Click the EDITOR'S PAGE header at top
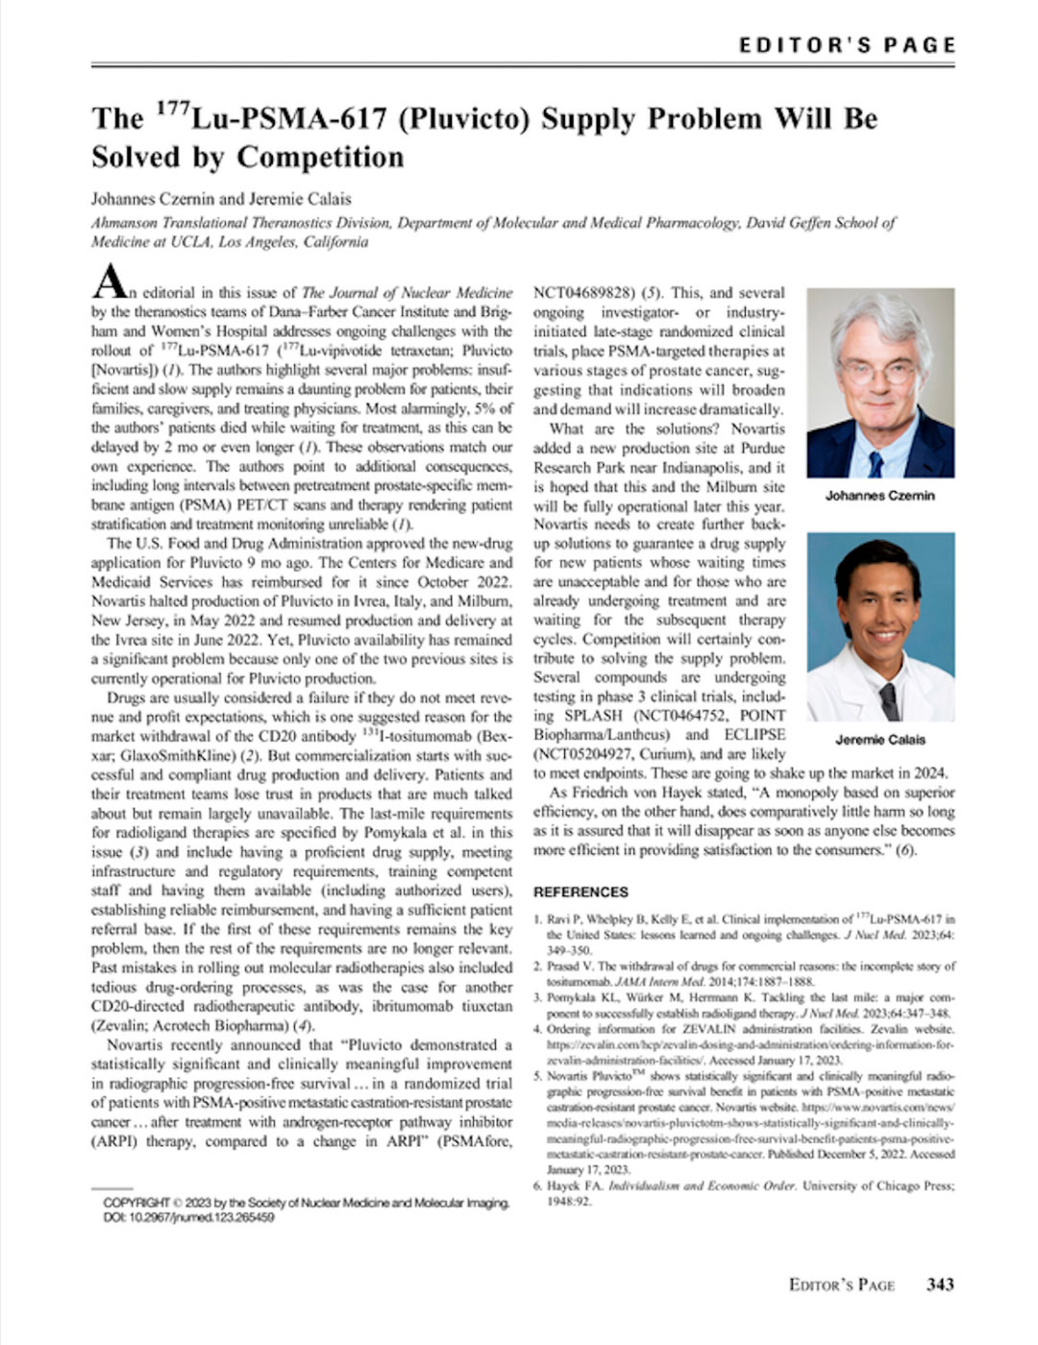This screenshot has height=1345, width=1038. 847,45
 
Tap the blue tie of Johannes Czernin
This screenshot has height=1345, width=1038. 876,462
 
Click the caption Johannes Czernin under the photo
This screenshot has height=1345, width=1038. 879,496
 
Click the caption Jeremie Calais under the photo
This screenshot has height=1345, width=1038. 880,740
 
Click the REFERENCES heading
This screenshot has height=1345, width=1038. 581,892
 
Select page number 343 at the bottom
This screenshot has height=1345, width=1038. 940,1284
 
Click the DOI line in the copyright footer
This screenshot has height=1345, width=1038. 188,1217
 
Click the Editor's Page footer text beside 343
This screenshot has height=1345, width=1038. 841,1284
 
